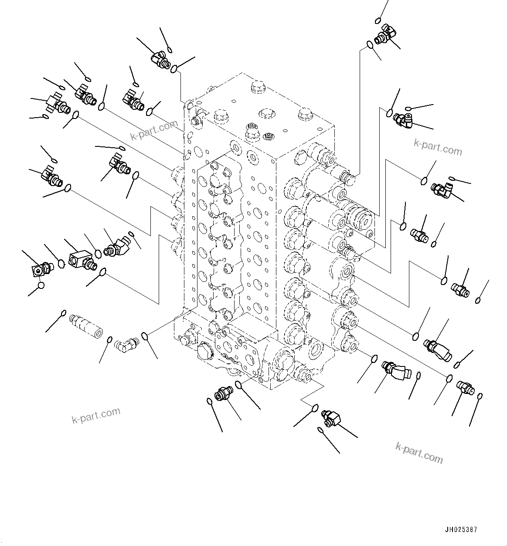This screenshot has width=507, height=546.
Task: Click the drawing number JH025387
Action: point(461,530)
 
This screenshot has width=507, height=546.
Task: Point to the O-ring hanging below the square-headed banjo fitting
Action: point(41,286)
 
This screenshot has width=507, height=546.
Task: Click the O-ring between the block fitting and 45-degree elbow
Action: point(98,254)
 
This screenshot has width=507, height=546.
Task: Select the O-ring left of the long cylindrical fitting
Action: point(64,313)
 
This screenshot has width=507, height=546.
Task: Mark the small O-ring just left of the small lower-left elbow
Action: point(110,339)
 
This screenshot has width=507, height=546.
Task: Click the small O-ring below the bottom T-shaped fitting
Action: point(320,431)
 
